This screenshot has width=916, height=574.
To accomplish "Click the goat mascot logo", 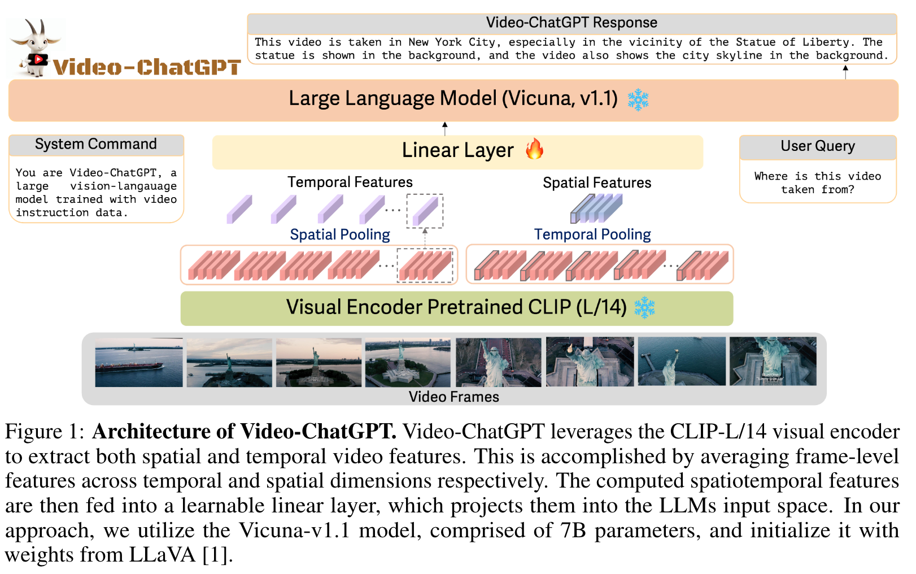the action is tap(37, 47).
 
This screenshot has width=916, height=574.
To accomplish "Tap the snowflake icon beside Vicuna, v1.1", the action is tap(638, 99).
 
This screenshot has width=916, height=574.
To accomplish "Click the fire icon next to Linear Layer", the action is tap(534, 150).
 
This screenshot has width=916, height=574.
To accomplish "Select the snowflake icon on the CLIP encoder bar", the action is tap(644, 308).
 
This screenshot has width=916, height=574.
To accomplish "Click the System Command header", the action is tap(96, 145).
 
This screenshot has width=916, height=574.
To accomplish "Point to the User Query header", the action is tap(817, 146).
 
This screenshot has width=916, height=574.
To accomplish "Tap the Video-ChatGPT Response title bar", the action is tap(572, 23).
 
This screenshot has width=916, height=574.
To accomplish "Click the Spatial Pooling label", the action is tap(340, 234).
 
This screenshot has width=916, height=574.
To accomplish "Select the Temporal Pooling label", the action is tap(592, 234).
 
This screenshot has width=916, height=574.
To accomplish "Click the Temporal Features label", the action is tap(350, 182).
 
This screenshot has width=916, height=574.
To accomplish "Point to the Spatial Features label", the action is tap(597, 183).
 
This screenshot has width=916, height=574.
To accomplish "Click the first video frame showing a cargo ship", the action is tap(139, 362).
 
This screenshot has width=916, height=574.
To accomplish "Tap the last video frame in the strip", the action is tap(773, 362).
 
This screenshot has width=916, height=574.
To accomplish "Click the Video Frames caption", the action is tap(453, 397).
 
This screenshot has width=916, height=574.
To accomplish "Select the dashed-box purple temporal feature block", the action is tap(425, 210).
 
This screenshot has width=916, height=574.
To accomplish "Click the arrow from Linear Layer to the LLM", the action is tap(445, 128).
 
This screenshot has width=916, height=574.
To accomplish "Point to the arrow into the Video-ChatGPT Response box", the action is tap(845, 72).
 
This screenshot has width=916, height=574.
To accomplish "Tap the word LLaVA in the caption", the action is tap(163, 555).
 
